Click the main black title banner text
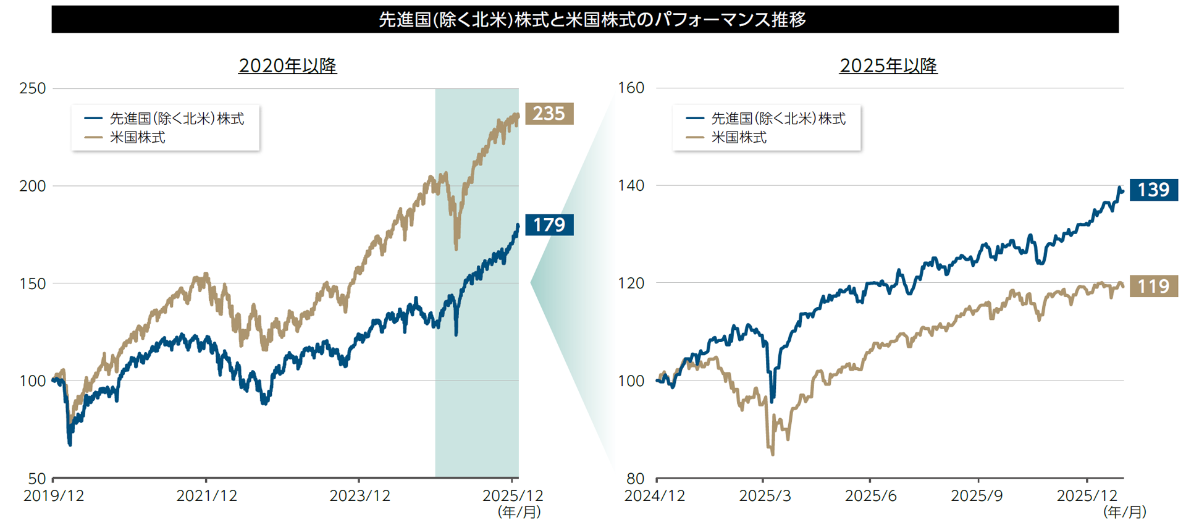point(592,20)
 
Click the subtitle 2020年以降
point(287,65)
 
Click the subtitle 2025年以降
point(888,65)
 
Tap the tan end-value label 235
point(549,114)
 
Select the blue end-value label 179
point(549,224)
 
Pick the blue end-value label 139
point(1153,190)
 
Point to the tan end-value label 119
point(1153,286)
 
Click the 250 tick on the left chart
point(33,88)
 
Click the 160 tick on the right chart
point(631,88)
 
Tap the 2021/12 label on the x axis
point(206,496)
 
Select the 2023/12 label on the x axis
point(360,496)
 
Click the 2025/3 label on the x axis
point(764,496)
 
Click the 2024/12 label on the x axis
point(655,496)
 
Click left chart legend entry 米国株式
point(137,137)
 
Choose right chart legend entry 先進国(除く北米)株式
point(778,118)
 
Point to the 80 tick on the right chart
point(635,478)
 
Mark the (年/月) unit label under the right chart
point(1125,512)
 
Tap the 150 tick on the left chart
point(33,283)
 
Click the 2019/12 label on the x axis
point(54,496)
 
